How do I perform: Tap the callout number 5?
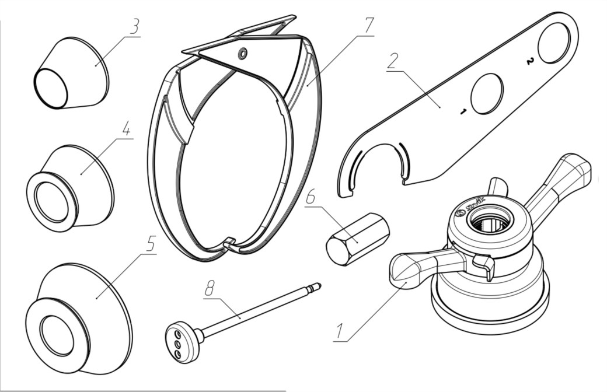click(x=151, y=245)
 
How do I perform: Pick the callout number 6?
click(x=311, y=197)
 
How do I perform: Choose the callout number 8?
click(x=211, y=289)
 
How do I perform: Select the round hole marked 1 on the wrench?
click(x=486, y=93)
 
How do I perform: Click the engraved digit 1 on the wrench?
click(x=462, y=111)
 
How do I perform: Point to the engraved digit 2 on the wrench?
click(x=529, y=61)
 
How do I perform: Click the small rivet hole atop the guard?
click(x=242, y=54)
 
